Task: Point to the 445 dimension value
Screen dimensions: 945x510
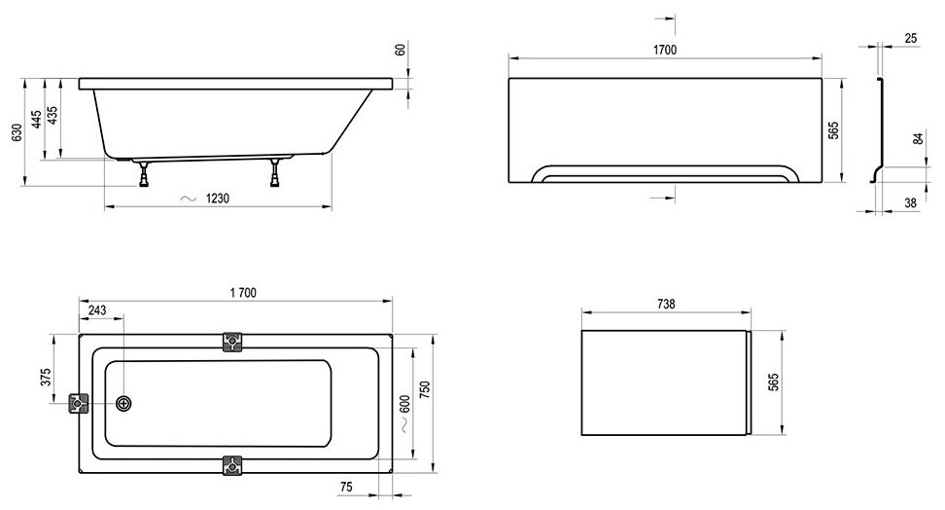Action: pyautogui.click(x=36, y=121)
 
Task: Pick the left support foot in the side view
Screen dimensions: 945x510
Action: pyautogui.click(x=145, y=176)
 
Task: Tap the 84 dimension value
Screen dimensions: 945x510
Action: pyautogui.click(x=917, y=138)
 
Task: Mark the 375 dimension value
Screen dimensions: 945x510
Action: pyautogui.click(x=45, y=378)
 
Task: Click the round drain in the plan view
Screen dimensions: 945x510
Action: pyautogui.click(x=123, y=404)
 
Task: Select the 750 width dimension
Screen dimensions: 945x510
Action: pyautogui.click(x=424, y=388)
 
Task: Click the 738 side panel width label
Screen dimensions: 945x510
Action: pyautogui.click(x=665, y=303)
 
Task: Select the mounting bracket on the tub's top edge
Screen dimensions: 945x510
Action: pyautogui.click(x=232, y=341)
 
